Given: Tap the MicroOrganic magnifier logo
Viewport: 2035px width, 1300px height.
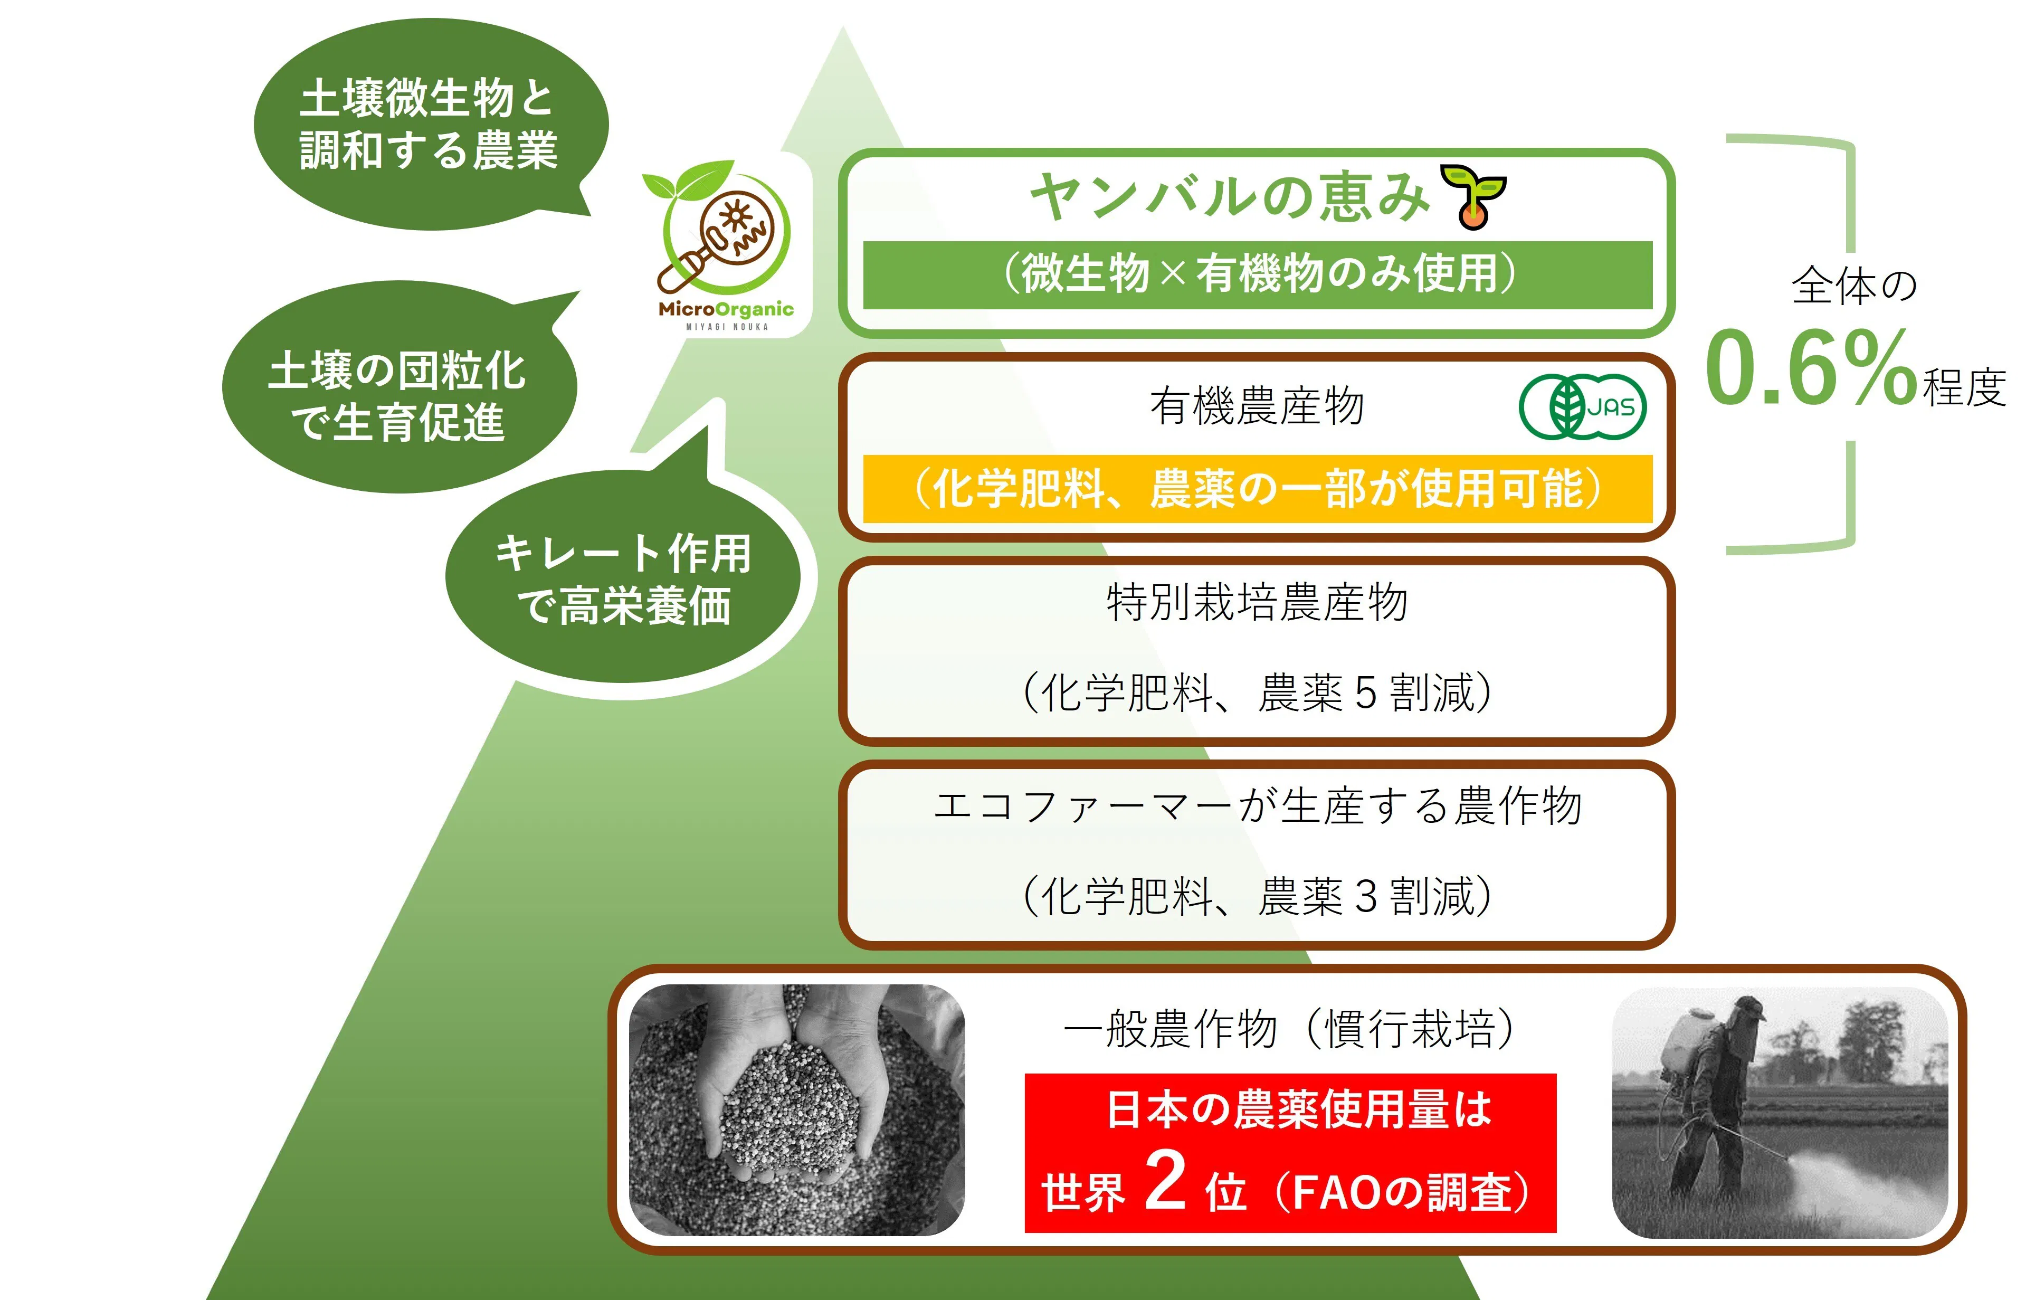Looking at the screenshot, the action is [725, 245].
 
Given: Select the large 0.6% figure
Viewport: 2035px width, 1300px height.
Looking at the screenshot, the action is [1811, 368].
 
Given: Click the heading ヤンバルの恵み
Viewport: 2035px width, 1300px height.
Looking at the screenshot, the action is [1230, 196].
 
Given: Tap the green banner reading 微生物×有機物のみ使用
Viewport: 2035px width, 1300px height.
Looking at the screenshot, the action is [1258, 274].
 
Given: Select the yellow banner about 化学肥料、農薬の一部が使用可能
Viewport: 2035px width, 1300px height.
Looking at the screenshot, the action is [1258, 489].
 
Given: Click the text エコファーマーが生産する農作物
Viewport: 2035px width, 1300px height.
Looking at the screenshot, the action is [1258, 805].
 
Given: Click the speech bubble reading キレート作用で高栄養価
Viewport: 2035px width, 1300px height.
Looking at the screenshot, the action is [622, 577].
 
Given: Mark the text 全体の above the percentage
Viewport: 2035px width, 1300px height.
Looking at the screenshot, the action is [1854, 285].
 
